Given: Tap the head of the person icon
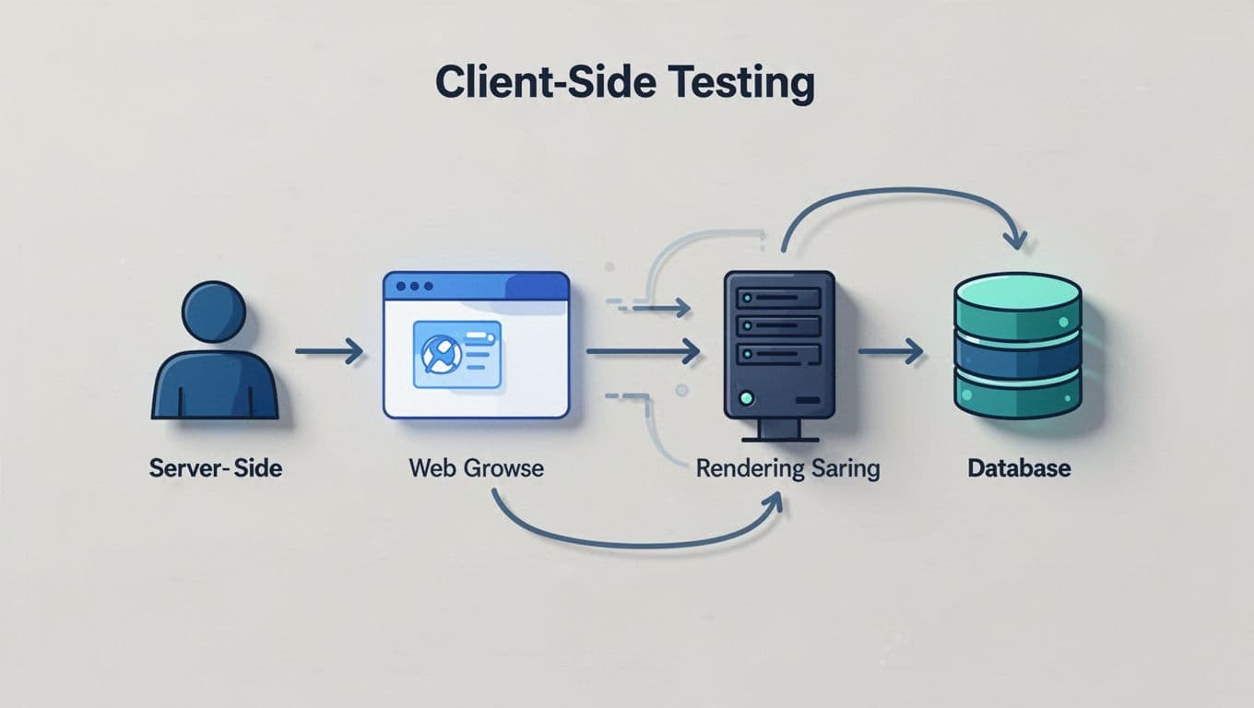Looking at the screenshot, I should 214,312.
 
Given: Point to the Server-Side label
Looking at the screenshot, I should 215,467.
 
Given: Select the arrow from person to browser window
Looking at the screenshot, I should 329,351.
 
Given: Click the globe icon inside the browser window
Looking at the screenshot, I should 439,353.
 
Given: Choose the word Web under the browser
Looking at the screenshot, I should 432,467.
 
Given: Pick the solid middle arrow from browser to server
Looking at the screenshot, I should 643,351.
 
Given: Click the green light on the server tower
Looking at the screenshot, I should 747,398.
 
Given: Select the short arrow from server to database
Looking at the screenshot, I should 891,351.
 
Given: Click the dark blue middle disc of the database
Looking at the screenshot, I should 1016,352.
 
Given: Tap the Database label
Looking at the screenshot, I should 1019,467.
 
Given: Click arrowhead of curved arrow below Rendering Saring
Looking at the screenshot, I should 775,501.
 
